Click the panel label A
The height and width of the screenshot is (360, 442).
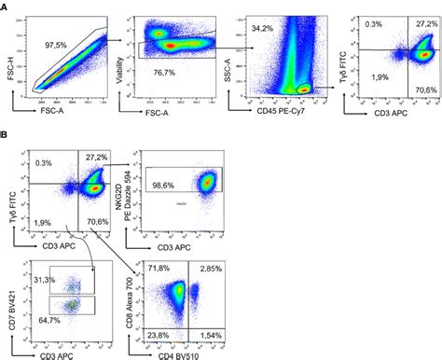point(7,7)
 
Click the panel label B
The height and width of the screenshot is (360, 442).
point(7,135)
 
